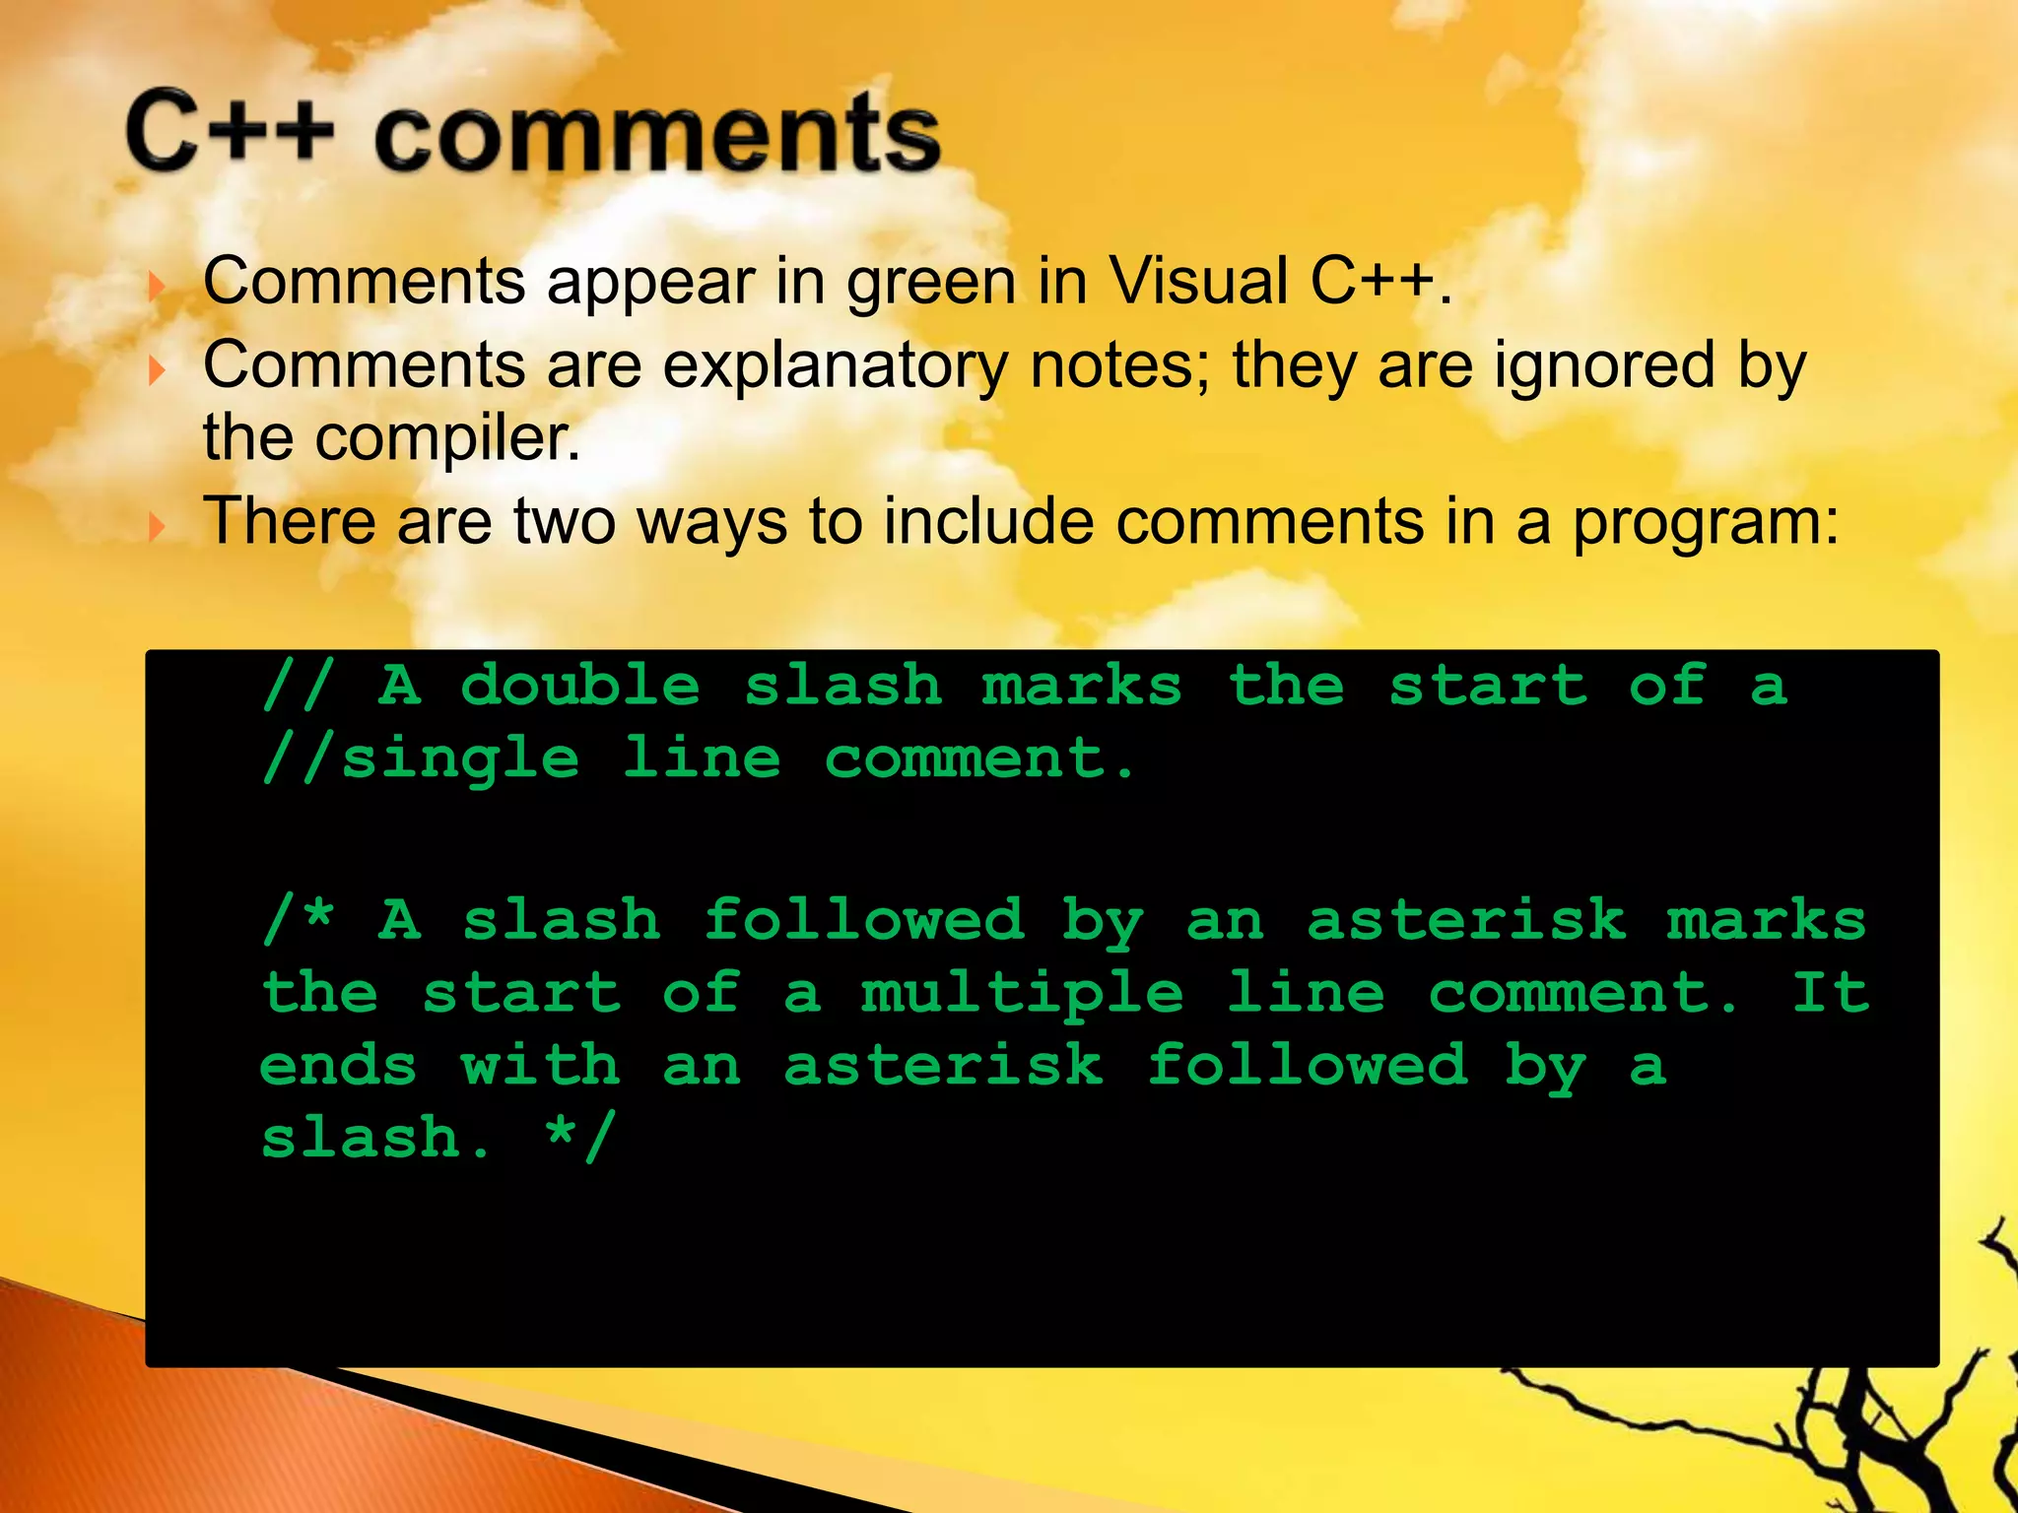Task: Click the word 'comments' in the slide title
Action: tap(657, 134)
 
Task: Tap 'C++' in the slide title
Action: tap(230, 130)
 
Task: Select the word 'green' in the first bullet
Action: tap(931, 283)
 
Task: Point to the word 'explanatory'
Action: tap(836, 366)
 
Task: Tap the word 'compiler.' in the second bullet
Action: tap(447, 438)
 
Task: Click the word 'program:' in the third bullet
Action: tap(1705, 523)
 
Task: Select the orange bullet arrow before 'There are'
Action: tap(157, 528)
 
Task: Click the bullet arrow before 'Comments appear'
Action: tap(157, 288)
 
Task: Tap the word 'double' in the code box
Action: tap(579, 686)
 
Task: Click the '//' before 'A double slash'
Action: tap(299, 686)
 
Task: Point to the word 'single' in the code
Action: tap(460, 760)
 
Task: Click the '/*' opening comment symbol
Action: tap(299, 920)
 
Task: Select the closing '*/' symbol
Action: tap(580, 1138)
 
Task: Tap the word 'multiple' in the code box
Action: tap(1022, 994)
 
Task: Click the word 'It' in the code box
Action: tap(1831, 992)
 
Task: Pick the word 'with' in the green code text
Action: tap(540, 1066)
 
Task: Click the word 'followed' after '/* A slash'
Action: tap(864, 920)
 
